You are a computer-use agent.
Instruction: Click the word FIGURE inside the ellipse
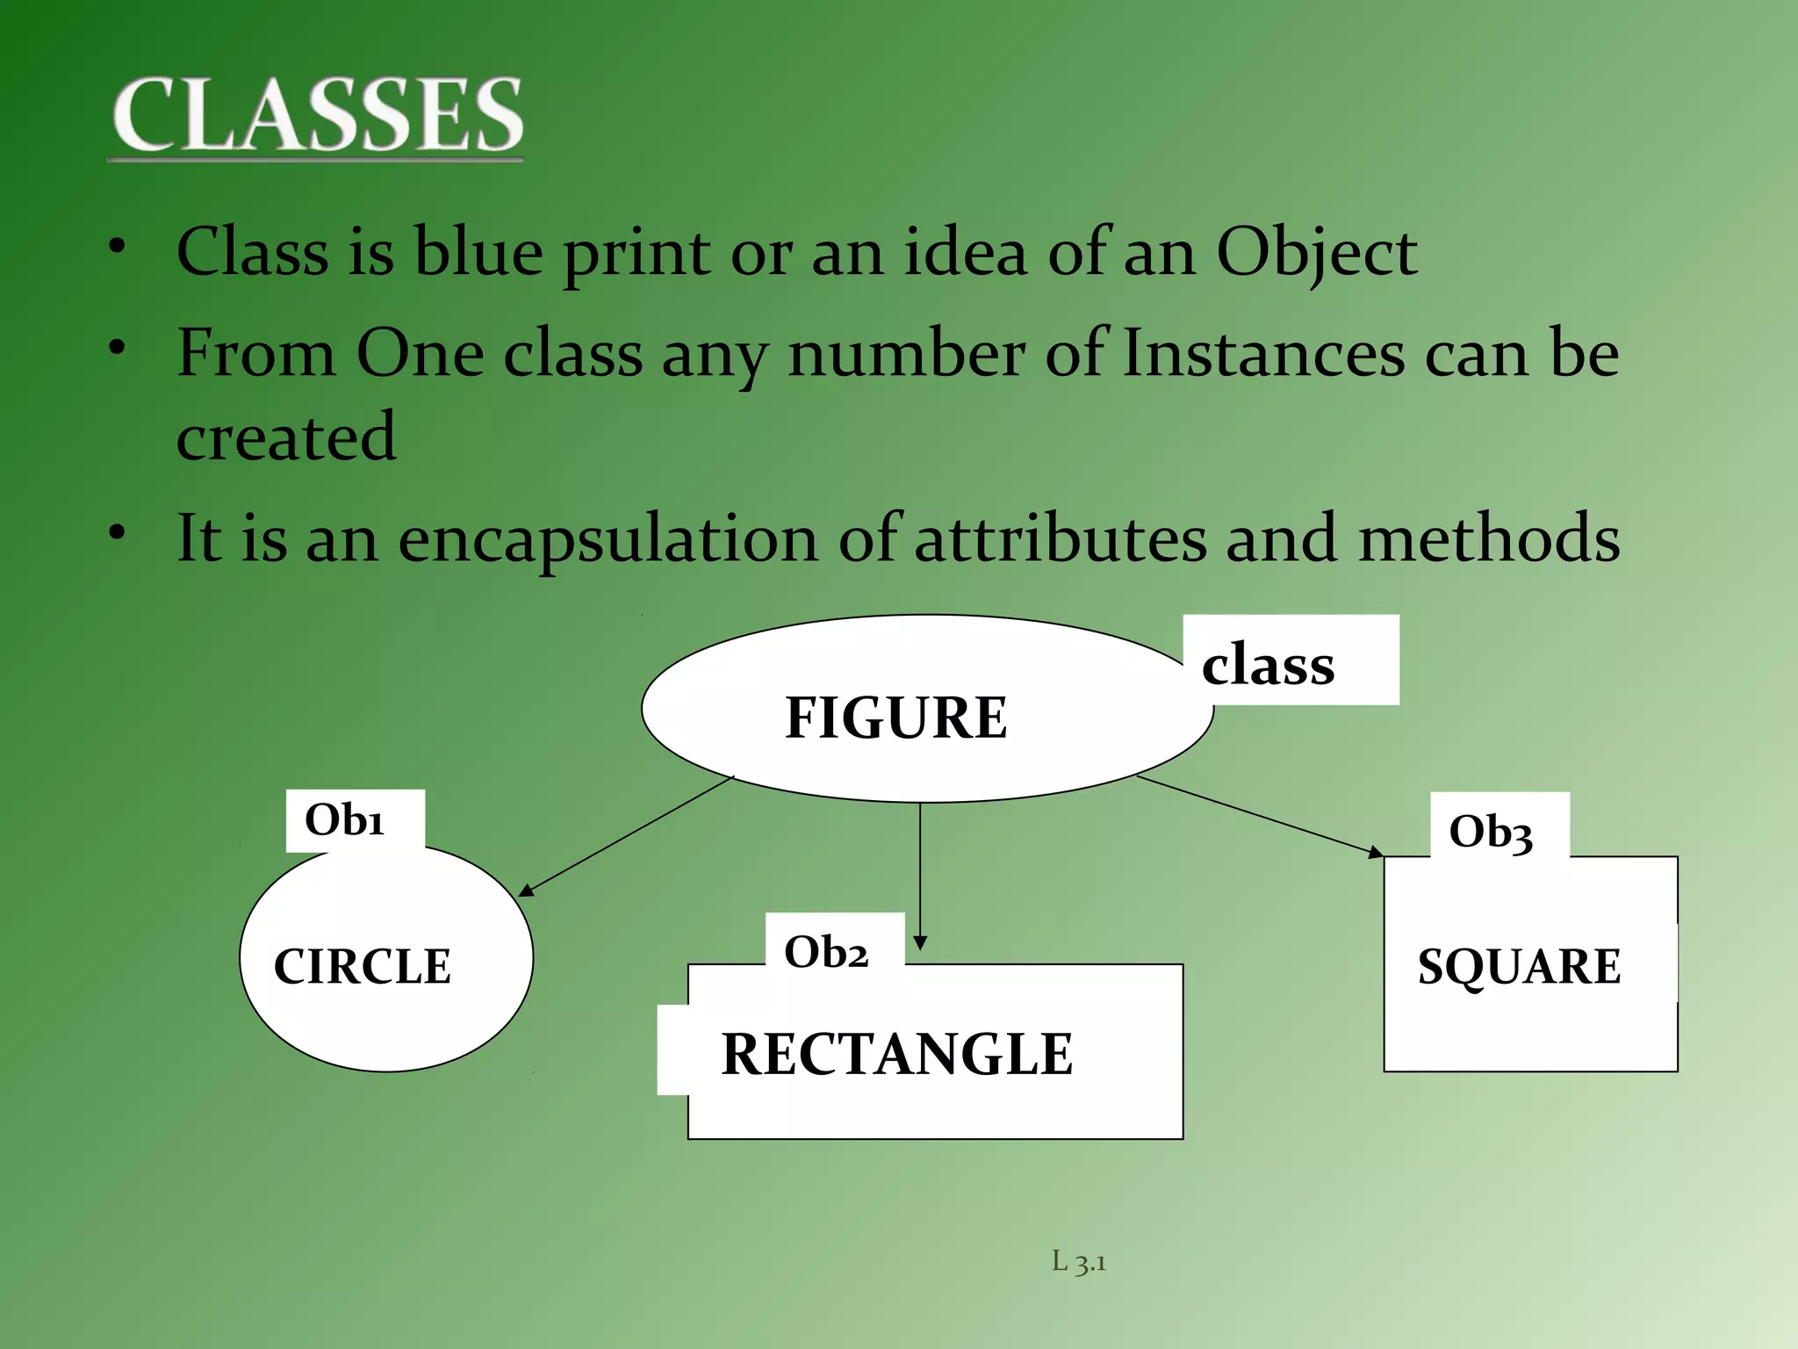coord(895,717)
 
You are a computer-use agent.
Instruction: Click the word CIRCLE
coord(363,966)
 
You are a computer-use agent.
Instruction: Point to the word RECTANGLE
coord(896,1053)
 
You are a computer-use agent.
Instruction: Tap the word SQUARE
coord(1519,966)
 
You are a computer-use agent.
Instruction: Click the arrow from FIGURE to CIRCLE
coord(625,836)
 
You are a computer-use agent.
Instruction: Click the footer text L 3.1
coord(1078,1262)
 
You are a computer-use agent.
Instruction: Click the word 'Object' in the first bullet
coord(1316,253)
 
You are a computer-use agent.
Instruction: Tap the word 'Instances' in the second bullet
coord(1264,353)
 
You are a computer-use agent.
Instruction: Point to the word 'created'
coord(286,436)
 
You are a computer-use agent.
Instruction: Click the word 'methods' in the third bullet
coord(1489,538)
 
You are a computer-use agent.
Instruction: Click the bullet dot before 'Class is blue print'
coord(118,247)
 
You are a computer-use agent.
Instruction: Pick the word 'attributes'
coord(1061,538)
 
